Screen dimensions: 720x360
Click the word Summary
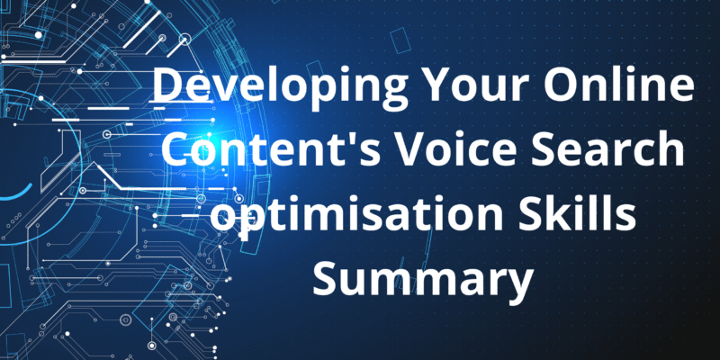(x=422, y=282)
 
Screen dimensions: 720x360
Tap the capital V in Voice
(x=411, y=150)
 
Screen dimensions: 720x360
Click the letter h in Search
(x=670, y=149)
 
